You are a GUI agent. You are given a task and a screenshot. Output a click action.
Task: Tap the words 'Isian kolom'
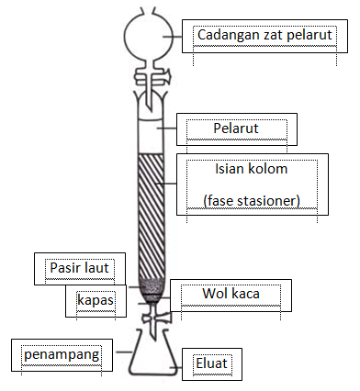point(251,171)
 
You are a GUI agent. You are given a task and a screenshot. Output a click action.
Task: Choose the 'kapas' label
point(96,300)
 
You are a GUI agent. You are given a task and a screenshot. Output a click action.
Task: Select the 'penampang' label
point(57,352)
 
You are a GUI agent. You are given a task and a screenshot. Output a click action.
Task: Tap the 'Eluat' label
point(212,363)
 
